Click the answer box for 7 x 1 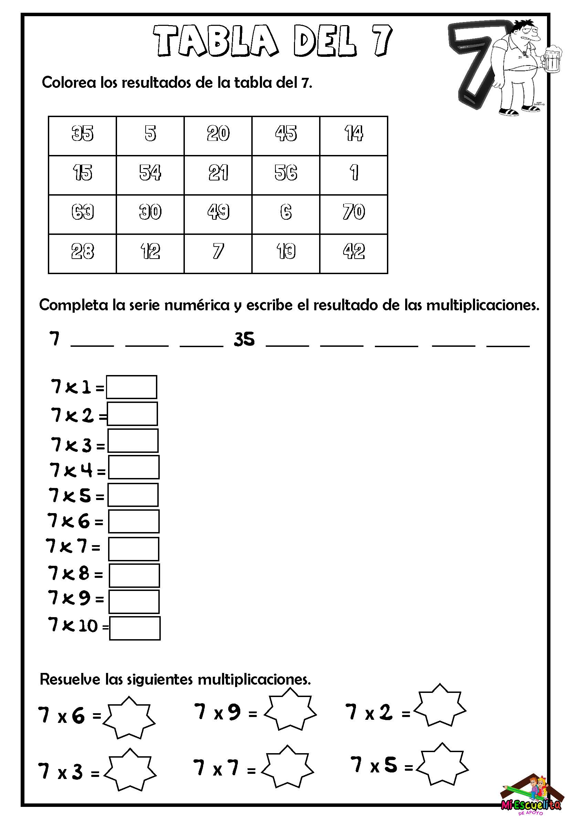(x=131, y=387)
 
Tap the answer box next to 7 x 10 (x=135, y=628)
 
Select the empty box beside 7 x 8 (x=134, y=575)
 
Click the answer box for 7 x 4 (x=134, y=467)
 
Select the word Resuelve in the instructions (x=70, y=679)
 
